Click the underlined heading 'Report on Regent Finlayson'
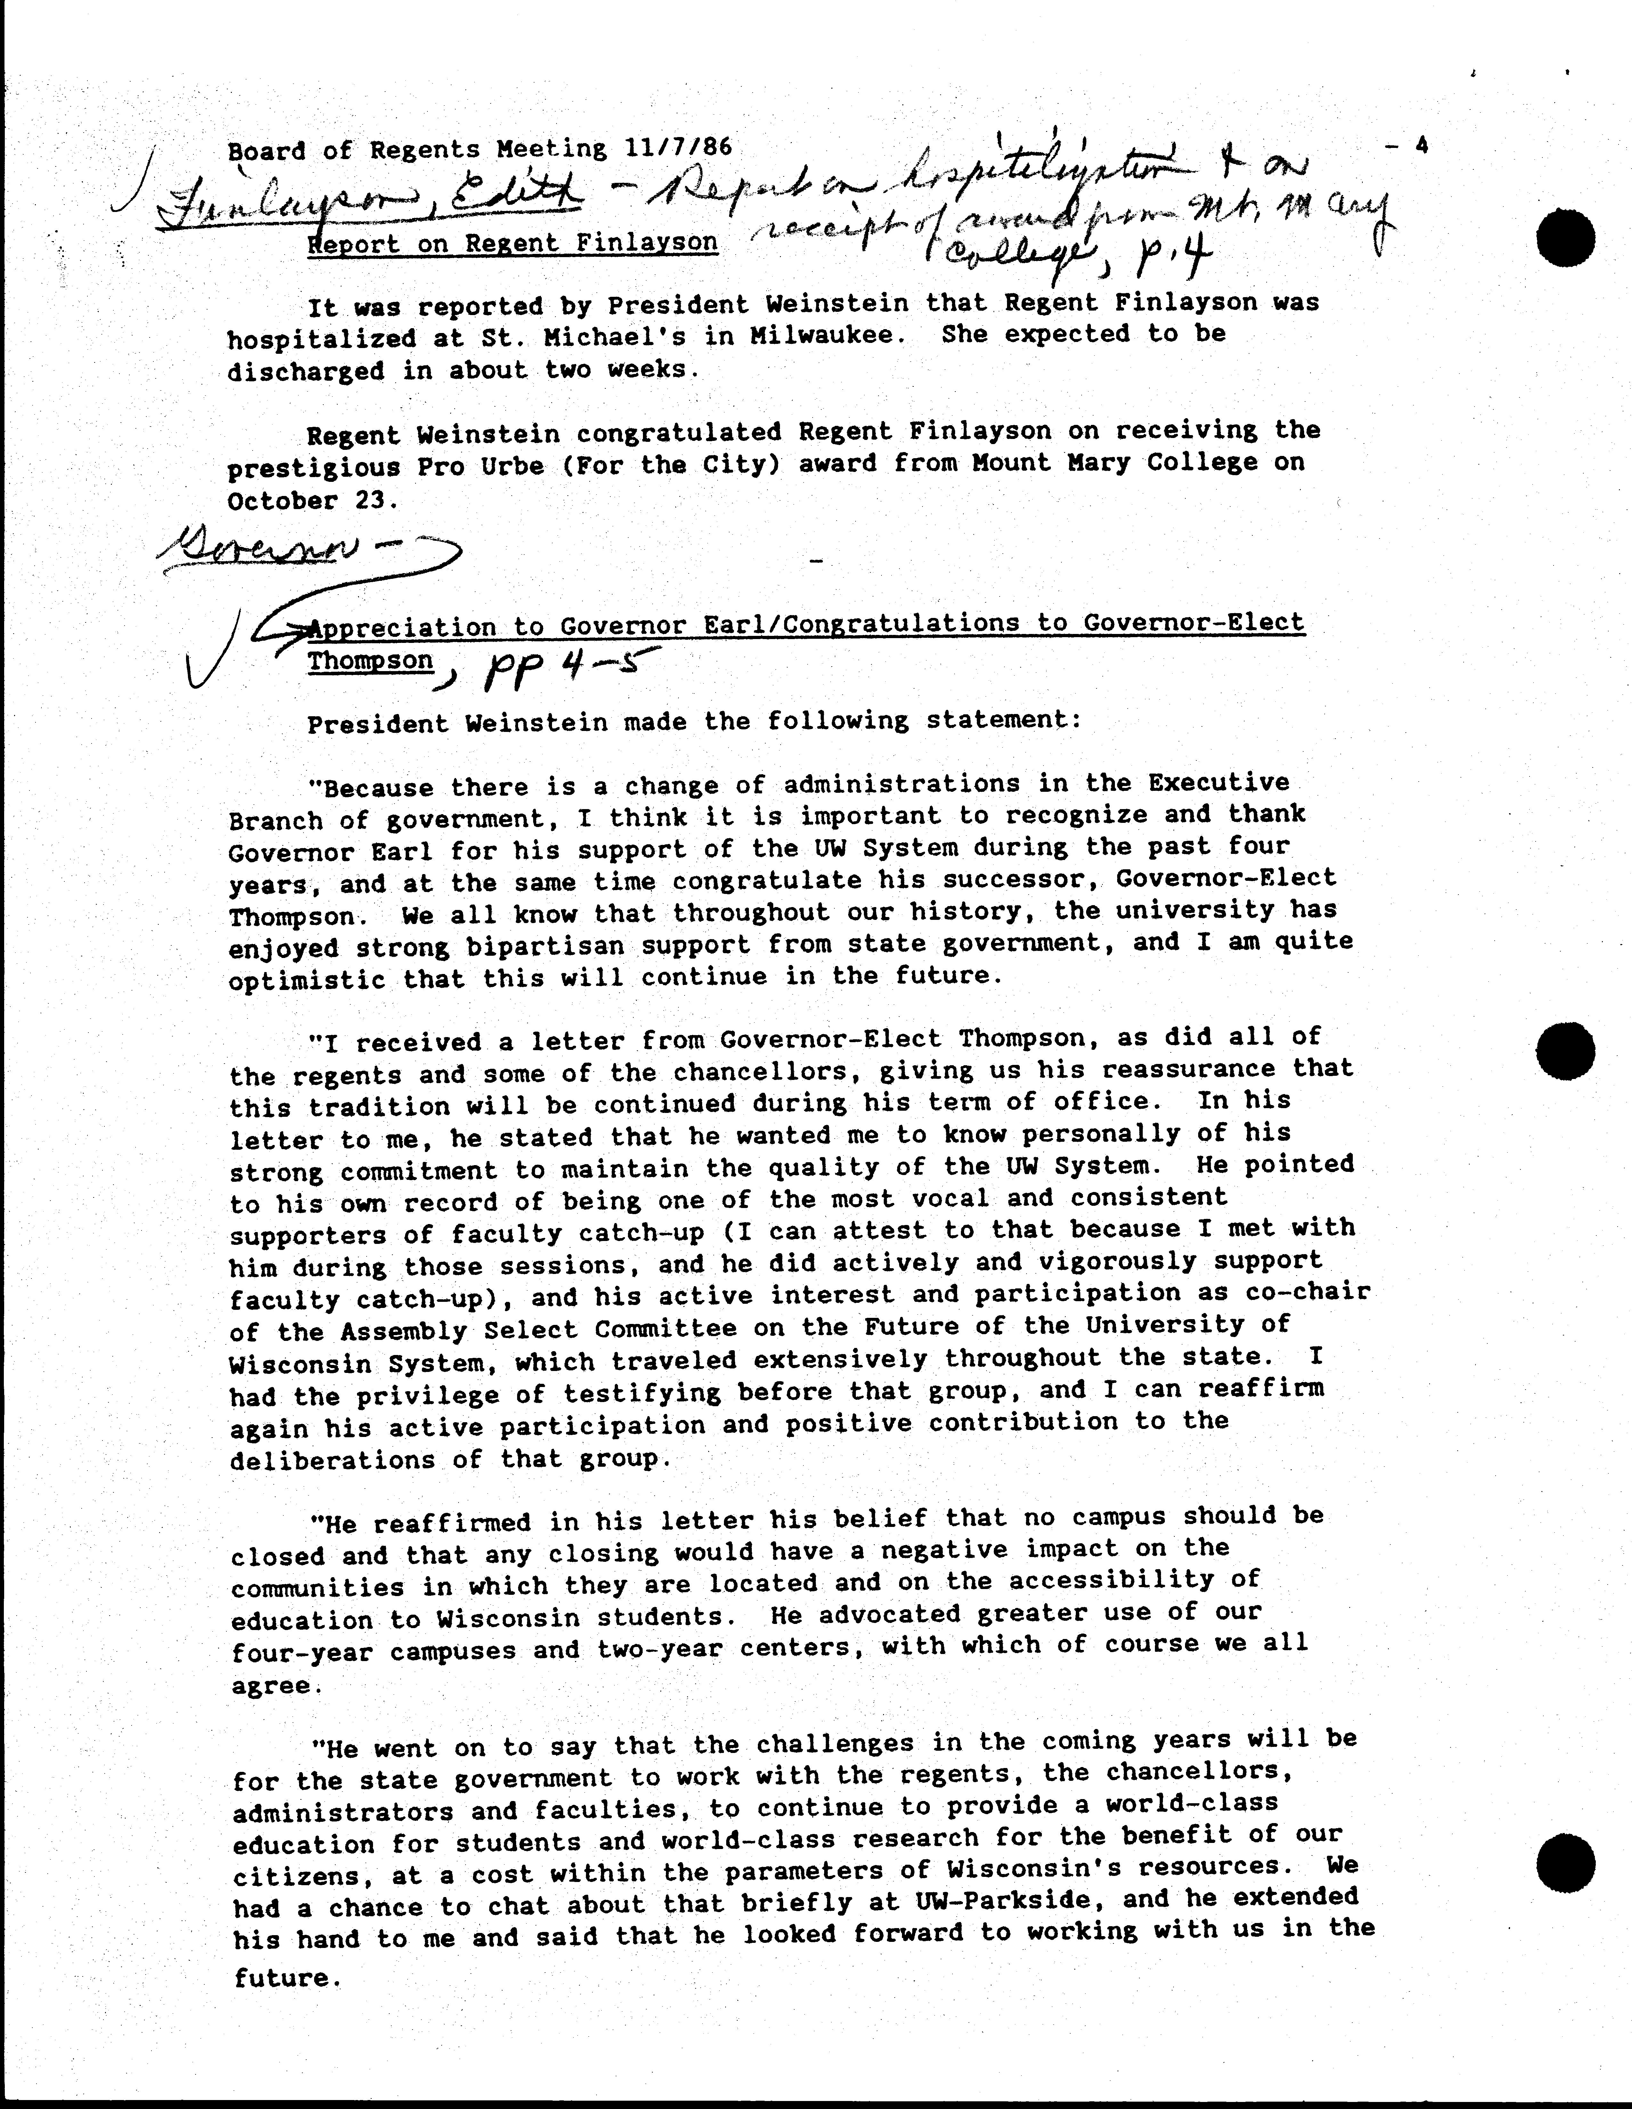(513, 242)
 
